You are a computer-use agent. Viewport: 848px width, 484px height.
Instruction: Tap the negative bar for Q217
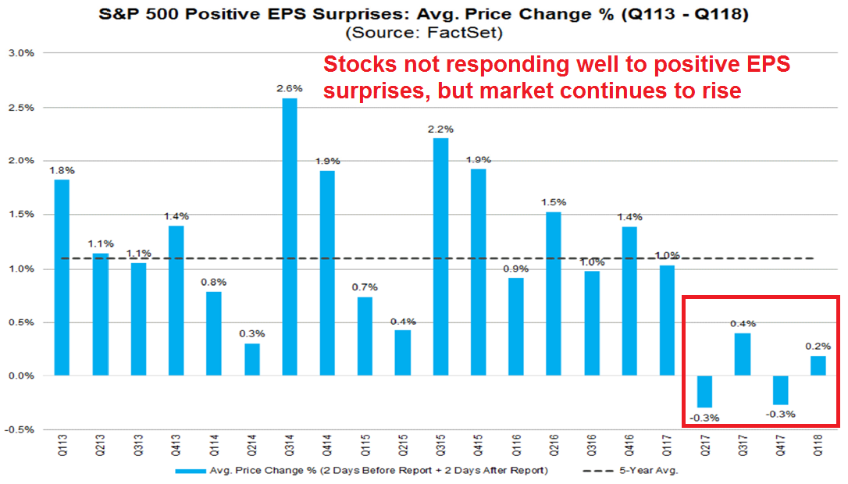(705, 391)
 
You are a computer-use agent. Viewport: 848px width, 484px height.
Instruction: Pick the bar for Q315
(441, 257)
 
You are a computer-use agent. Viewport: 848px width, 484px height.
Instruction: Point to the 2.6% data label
(288, 89)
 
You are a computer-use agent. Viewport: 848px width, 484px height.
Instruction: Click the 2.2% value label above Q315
(441, 129)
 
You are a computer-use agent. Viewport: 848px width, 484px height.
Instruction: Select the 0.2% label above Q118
(818, 346)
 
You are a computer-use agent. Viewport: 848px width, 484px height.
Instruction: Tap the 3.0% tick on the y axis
(21, 53)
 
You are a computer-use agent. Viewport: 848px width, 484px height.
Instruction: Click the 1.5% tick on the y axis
(21, 215)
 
